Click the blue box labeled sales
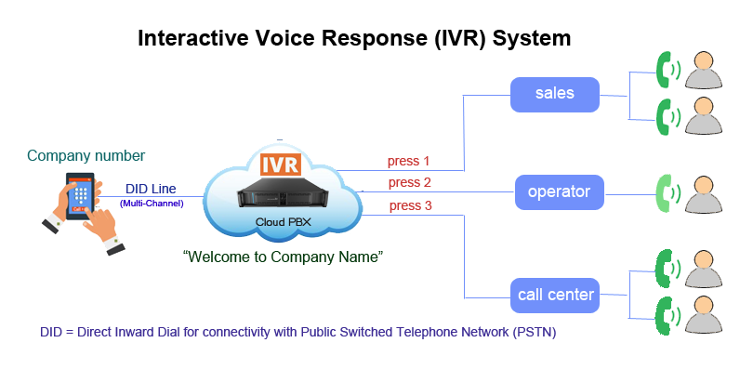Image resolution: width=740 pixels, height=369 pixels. tap(555, 93)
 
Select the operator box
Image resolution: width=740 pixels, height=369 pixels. tap(559, 192)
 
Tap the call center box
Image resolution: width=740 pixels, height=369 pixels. tap(555, 296)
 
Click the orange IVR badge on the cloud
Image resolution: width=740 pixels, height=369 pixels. tap(280, 165)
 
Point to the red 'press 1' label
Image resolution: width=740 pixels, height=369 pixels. tap(409, 161)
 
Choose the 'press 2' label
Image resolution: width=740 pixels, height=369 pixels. tap(410, 182)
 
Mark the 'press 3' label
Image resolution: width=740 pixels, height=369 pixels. tap(410, 205)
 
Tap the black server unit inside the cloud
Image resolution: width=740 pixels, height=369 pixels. tap(281, 196)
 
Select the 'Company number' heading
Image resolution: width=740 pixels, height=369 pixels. tap(86, 155)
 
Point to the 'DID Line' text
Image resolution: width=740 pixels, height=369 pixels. tap(151, 189)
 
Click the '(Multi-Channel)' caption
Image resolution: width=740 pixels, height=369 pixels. tap(151, 202)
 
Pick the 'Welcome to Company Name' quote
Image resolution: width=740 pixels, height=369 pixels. tap(284, 256)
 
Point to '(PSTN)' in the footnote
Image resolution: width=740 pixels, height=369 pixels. tap(536, 332)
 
